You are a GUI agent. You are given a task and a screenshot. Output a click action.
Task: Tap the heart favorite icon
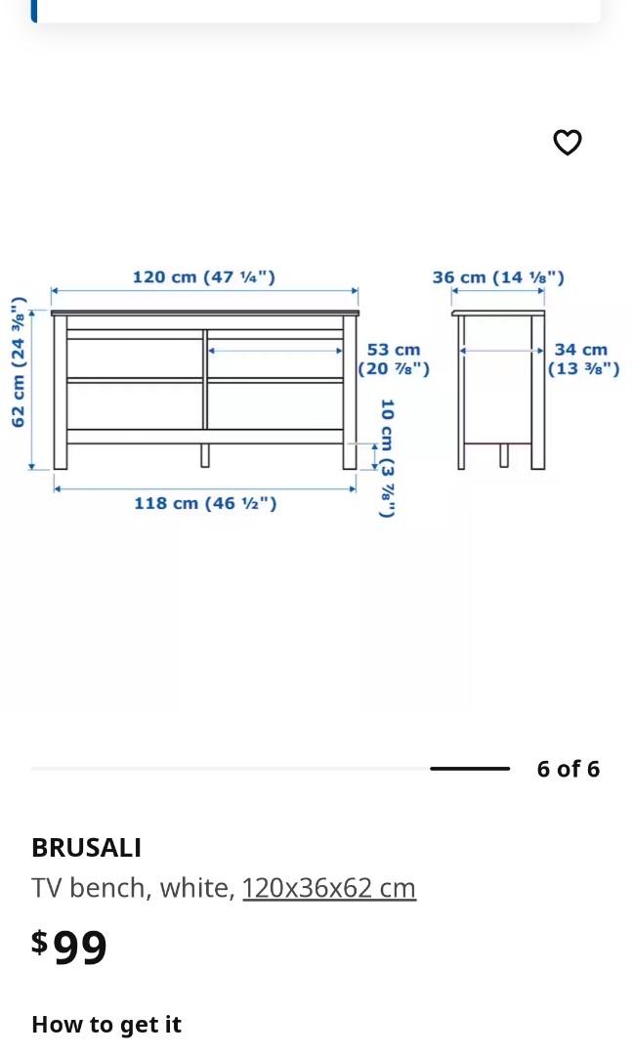[568, 143]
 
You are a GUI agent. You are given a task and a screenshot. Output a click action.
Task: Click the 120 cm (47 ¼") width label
[203, 277]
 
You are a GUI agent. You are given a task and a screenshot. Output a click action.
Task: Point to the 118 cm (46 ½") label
[205, 503]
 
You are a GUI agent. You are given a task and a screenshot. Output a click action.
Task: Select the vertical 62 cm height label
[18, 362]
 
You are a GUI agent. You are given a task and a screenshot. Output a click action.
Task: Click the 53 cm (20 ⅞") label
[394, 359]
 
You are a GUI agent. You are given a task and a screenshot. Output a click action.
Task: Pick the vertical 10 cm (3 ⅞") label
[387, 457]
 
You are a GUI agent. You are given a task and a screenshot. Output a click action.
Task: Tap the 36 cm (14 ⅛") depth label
[498, 277]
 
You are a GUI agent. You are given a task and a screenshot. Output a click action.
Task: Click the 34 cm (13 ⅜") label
[583, 359]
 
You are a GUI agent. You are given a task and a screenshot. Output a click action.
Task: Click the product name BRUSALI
[86, 847]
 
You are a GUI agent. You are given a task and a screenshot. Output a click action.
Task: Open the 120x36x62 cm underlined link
[329, 888]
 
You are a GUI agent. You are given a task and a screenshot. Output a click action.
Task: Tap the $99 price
[69, 947]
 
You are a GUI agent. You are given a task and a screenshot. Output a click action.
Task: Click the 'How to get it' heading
[106, 1024]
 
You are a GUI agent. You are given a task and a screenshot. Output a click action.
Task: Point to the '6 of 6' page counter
[568, 769]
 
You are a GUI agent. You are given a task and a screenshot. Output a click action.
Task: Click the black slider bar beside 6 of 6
[470, 769]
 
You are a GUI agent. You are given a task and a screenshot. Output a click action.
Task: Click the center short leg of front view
[205, 455]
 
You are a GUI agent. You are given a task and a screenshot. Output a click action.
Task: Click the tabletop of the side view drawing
[498, 313]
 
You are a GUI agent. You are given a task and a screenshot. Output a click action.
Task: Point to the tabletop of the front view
[205, 313]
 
